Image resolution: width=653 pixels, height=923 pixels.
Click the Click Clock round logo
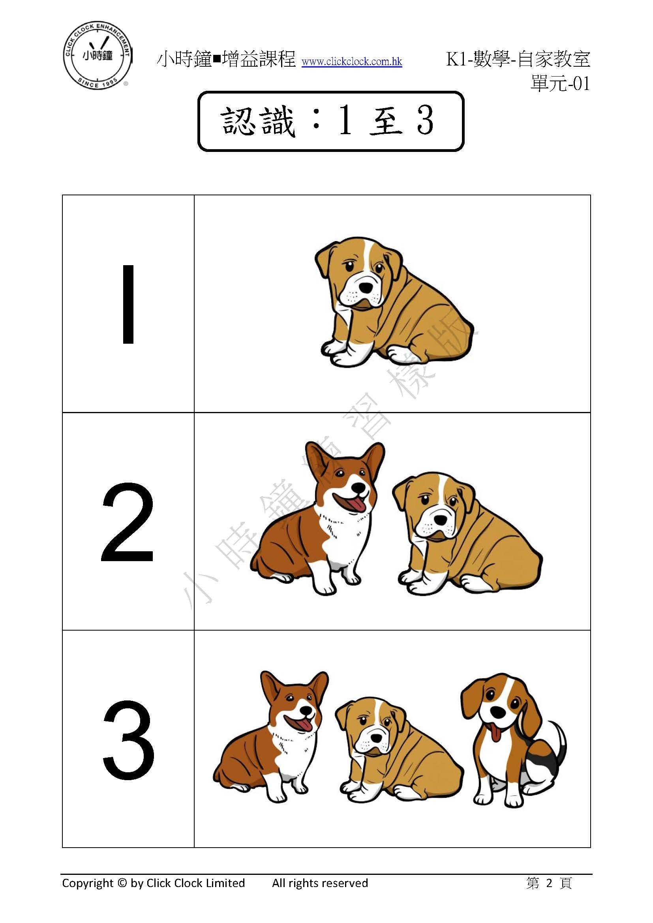pyautogui.click(x=98, y=56)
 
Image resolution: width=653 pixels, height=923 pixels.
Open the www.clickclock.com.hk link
pyautogui.click(x=352, y=62)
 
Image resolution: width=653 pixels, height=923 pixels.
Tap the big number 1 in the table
pyautogui.click(x=128, y=304)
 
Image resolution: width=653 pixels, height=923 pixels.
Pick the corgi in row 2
pyautogui.click(x=318, y=518)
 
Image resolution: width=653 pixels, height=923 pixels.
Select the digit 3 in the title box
pyautogui.click(x=425, y=121)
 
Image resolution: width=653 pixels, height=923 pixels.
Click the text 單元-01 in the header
pyautogui.click(x=560, y=84)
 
